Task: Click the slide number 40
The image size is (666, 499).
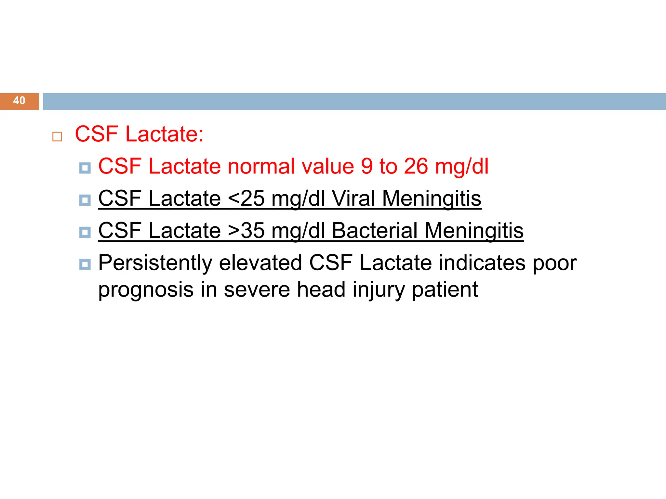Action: pos(19,101)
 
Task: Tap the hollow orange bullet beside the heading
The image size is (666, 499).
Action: pos(57,136)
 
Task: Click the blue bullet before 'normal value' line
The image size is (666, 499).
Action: pos(85,168)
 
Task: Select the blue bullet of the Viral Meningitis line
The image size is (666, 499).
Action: pos(85,200)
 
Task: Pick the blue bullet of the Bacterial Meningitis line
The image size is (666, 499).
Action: pos(85,232)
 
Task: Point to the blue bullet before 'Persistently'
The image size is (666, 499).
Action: pos(85,264)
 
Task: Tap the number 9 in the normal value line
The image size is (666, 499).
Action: pos(366,166)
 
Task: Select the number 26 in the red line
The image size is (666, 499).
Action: pos(416,166)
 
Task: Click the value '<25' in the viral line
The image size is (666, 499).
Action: pos(246,198)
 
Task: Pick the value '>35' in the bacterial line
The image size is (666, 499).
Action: pos(246,231)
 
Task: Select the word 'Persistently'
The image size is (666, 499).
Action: pos(155,263)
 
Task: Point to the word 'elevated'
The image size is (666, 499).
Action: pos(260,263)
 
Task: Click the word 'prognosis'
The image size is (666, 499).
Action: pos(146,290)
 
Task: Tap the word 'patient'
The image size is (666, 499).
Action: pos(445,289)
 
